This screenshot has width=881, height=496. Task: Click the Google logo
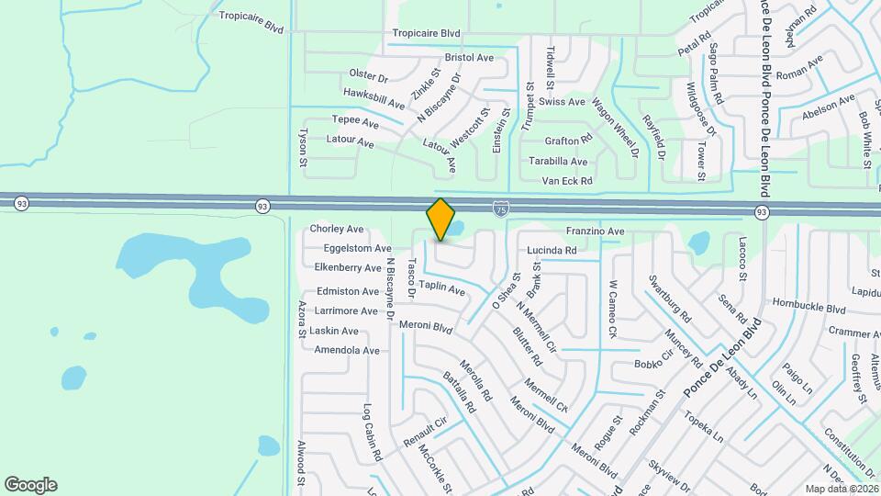click(30, 485)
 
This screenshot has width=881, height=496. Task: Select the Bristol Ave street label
click(469, 57)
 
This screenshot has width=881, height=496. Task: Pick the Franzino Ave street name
click(595, 231)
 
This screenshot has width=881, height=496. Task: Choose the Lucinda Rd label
click(552, 250)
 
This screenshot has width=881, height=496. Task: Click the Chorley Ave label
click(337, 229)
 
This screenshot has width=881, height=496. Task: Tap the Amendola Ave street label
click(346, 351)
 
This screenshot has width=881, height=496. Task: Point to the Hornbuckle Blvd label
click(809, 309)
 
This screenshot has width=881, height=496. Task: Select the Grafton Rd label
click(568, 141)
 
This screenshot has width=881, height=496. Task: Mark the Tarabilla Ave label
click(558, 161)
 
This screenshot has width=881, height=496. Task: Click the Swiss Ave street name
click(562, 102)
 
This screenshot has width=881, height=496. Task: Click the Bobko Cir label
click(654, 364)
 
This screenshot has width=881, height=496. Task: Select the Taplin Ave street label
click(441, 287)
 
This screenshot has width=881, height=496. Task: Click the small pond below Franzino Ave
click(698, 243)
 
